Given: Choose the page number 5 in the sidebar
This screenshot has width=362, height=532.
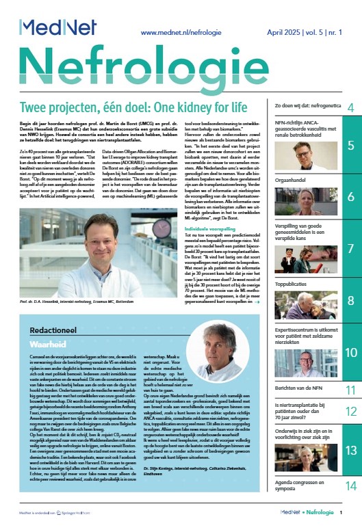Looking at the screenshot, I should click(x=350, y=145).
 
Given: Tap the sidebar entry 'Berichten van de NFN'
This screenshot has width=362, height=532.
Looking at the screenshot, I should click(x=303, y=388).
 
